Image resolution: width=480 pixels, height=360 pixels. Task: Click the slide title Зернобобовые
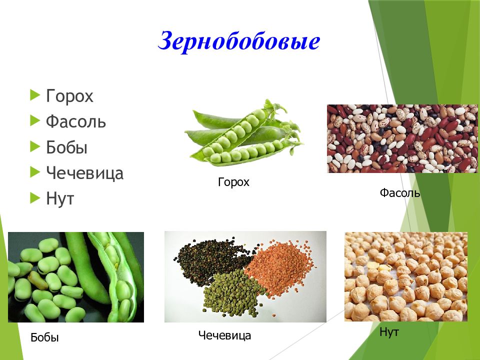coord(238,41)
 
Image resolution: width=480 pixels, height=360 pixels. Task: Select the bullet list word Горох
coord(69,96)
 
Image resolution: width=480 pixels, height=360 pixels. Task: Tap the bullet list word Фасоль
coord(75,121)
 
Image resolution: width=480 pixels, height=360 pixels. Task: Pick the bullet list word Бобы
coord(66,147)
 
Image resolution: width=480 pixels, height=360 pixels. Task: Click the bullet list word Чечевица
coord(84,173)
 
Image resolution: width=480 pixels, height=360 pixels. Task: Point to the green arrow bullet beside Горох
coord(34,94)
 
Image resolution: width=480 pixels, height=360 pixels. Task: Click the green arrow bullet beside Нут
coord(34,198)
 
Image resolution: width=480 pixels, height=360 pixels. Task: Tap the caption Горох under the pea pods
coord(233,182)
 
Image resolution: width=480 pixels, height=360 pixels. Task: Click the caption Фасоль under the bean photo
coord(399,192)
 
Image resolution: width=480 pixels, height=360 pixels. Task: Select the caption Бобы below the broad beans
coord(44,337)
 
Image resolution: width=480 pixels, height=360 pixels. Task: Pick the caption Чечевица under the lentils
coord(224,335)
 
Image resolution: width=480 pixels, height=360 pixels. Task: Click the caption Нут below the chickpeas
coord(389,332)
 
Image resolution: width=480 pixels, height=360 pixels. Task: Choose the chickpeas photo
coord(405,276)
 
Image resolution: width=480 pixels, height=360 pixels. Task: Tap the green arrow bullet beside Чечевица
coord(34,172)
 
